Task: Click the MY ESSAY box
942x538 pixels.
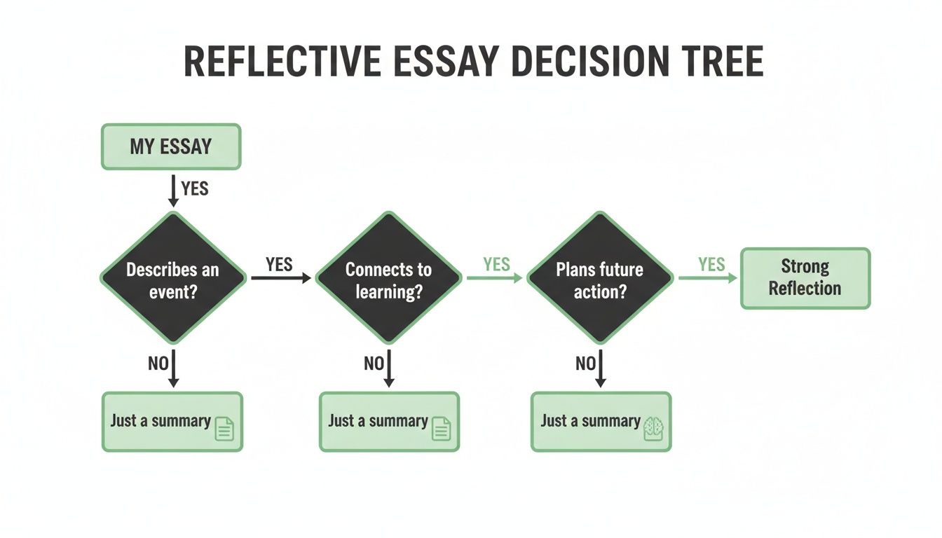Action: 171,147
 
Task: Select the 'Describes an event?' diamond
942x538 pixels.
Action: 173,279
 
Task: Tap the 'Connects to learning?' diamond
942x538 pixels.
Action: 388,279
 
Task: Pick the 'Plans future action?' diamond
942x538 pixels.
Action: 599,279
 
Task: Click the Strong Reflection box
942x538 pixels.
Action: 805,278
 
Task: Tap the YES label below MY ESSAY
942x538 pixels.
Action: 194,188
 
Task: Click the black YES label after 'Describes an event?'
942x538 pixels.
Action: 279,263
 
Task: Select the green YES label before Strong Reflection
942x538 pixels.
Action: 711,264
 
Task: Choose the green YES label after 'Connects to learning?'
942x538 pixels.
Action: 496,264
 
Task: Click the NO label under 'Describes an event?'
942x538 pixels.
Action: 158,363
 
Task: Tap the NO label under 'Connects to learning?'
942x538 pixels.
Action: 374,363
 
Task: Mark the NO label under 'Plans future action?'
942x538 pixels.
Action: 585,363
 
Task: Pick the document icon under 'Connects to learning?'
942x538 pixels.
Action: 441,428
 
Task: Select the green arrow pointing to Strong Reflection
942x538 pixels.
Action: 708,278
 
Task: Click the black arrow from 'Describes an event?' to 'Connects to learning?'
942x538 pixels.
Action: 280,278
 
